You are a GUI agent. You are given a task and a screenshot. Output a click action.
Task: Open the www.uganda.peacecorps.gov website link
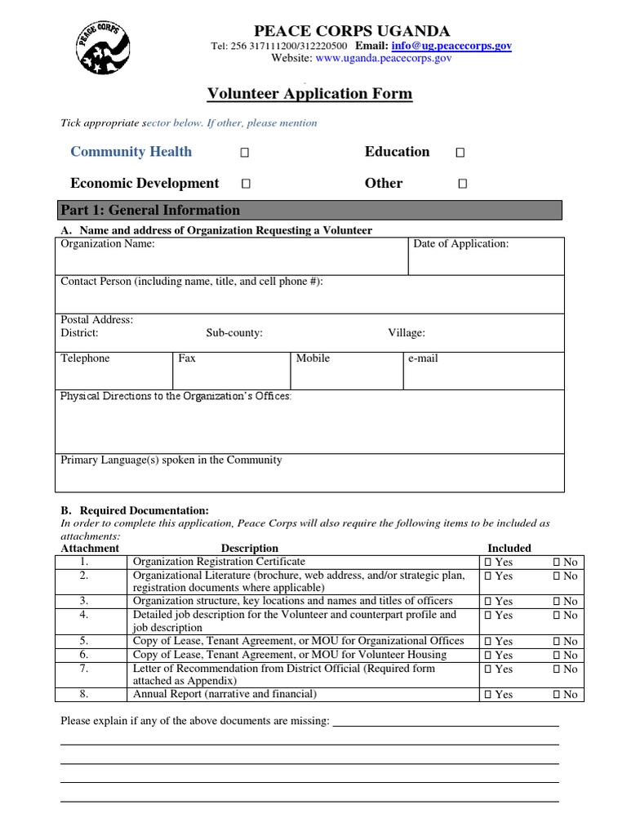384,59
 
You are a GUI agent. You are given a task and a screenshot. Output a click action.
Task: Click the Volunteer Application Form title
309,94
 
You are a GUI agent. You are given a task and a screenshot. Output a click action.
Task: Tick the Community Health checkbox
245,153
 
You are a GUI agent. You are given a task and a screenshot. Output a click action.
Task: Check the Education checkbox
460,153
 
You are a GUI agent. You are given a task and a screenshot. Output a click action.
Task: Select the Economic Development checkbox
245,185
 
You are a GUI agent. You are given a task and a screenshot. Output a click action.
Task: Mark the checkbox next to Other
462,185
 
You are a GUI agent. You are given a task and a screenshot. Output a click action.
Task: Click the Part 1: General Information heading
150,210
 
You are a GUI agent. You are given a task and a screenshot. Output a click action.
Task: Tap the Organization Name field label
107,243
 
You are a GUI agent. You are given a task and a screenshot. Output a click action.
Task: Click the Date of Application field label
460,243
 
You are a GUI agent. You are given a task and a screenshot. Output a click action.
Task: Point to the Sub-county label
233,333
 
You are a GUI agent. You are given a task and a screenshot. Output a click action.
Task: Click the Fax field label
186,358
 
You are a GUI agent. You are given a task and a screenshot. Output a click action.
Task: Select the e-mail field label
423,358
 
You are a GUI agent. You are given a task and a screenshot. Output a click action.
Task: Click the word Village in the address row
406,333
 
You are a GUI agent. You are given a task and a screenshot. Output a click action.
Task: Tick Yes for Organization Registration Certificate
488,563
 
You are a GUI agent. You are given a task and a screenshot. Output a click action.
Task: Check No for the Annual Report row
558,695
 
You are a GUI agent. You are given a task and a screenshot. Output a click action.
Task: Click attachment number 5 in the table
83,642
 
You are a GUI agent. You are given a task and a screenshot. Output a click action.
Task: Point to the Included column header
509,549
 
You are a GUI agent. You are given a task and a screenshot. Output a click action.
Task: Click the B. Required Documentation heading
135,510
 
